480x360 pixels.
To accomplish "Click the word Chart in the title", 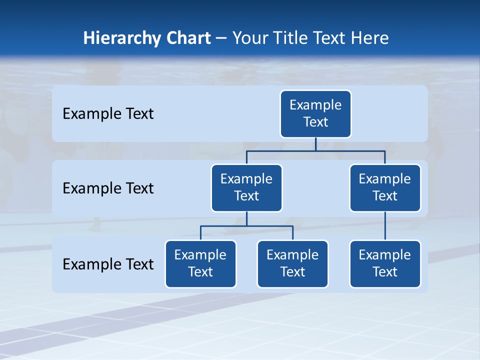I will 190,38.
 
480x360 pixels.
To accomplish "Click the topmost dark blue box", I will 315,113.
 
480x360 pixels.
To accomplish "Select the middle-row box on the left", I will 246,187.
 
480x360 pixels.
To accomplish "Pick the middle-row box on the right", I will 385,187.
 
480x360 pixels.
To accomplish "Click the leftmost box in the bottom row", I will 200,263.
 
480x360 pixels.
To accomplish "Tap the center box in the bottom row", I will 292,263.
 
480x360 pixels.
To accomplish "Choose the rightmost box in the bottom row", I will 385,263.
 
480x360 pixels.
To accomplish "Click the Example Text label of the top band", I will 108,113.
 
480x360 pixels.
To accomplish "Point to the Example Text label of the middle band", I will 108,188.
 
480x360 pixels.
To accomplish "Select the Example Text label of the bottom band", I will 108,264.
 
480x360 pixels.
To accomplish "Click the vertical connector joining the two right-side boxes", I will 385,226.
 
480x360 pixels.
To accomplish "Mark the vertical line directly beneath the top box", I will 315,144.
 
